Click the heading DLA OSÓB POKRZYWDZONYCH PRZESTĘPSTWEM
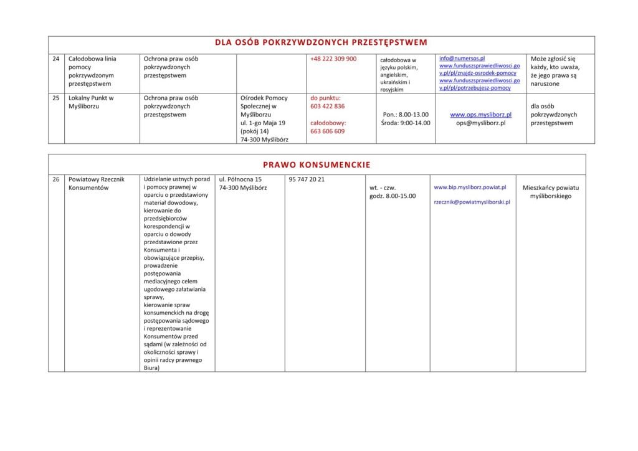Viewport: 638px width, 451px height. [x=321, y=43]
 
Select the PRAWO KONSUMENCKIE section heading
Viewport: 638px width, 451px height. [x=317, y=165]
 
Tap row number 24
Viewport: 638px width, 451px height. [x=56, y=59]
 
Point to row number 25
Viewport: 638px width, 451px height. [x=56, y=98]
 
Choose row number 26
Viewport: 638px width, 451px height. [x=56, y=179]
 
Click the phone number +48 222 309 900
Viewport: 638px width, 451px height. [x=333, y=59]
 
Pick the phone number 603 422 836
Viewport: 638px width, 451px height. [x=327, y=107]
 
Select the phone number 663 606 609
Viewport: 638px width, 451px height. [x=327, y=131]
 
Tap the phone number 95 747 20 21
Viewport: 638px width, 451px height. [x=307, y=179]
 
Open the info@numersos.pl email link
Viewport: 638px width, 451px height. [x=462, y=59]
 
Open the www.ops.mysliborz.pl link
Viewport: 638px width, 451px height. [x=480, y=115]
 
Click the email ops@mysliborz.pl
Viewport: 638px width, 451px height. [x=480, y=123]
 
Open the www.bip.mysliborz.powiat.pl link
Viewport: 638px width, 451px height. [x=470, y=187]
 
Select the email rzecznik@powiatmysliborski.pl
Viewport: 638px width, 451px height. [x=472, y=202]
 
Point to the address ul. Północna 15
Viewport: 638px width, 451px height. [x=240, y=179]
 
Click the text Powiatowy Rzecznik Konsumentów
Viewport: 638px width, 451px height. [x=97, y=183]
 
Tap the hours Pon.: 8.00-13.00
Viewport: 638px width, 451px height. [x=406, y=115]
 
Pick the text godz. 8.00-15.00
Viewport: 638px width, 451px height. [x=393, y=196]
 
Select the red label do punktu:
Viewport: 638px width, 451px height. [x=325, y=98]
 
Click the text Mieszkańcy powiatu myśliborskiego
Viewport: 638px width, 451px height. [x=550, y=191]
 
